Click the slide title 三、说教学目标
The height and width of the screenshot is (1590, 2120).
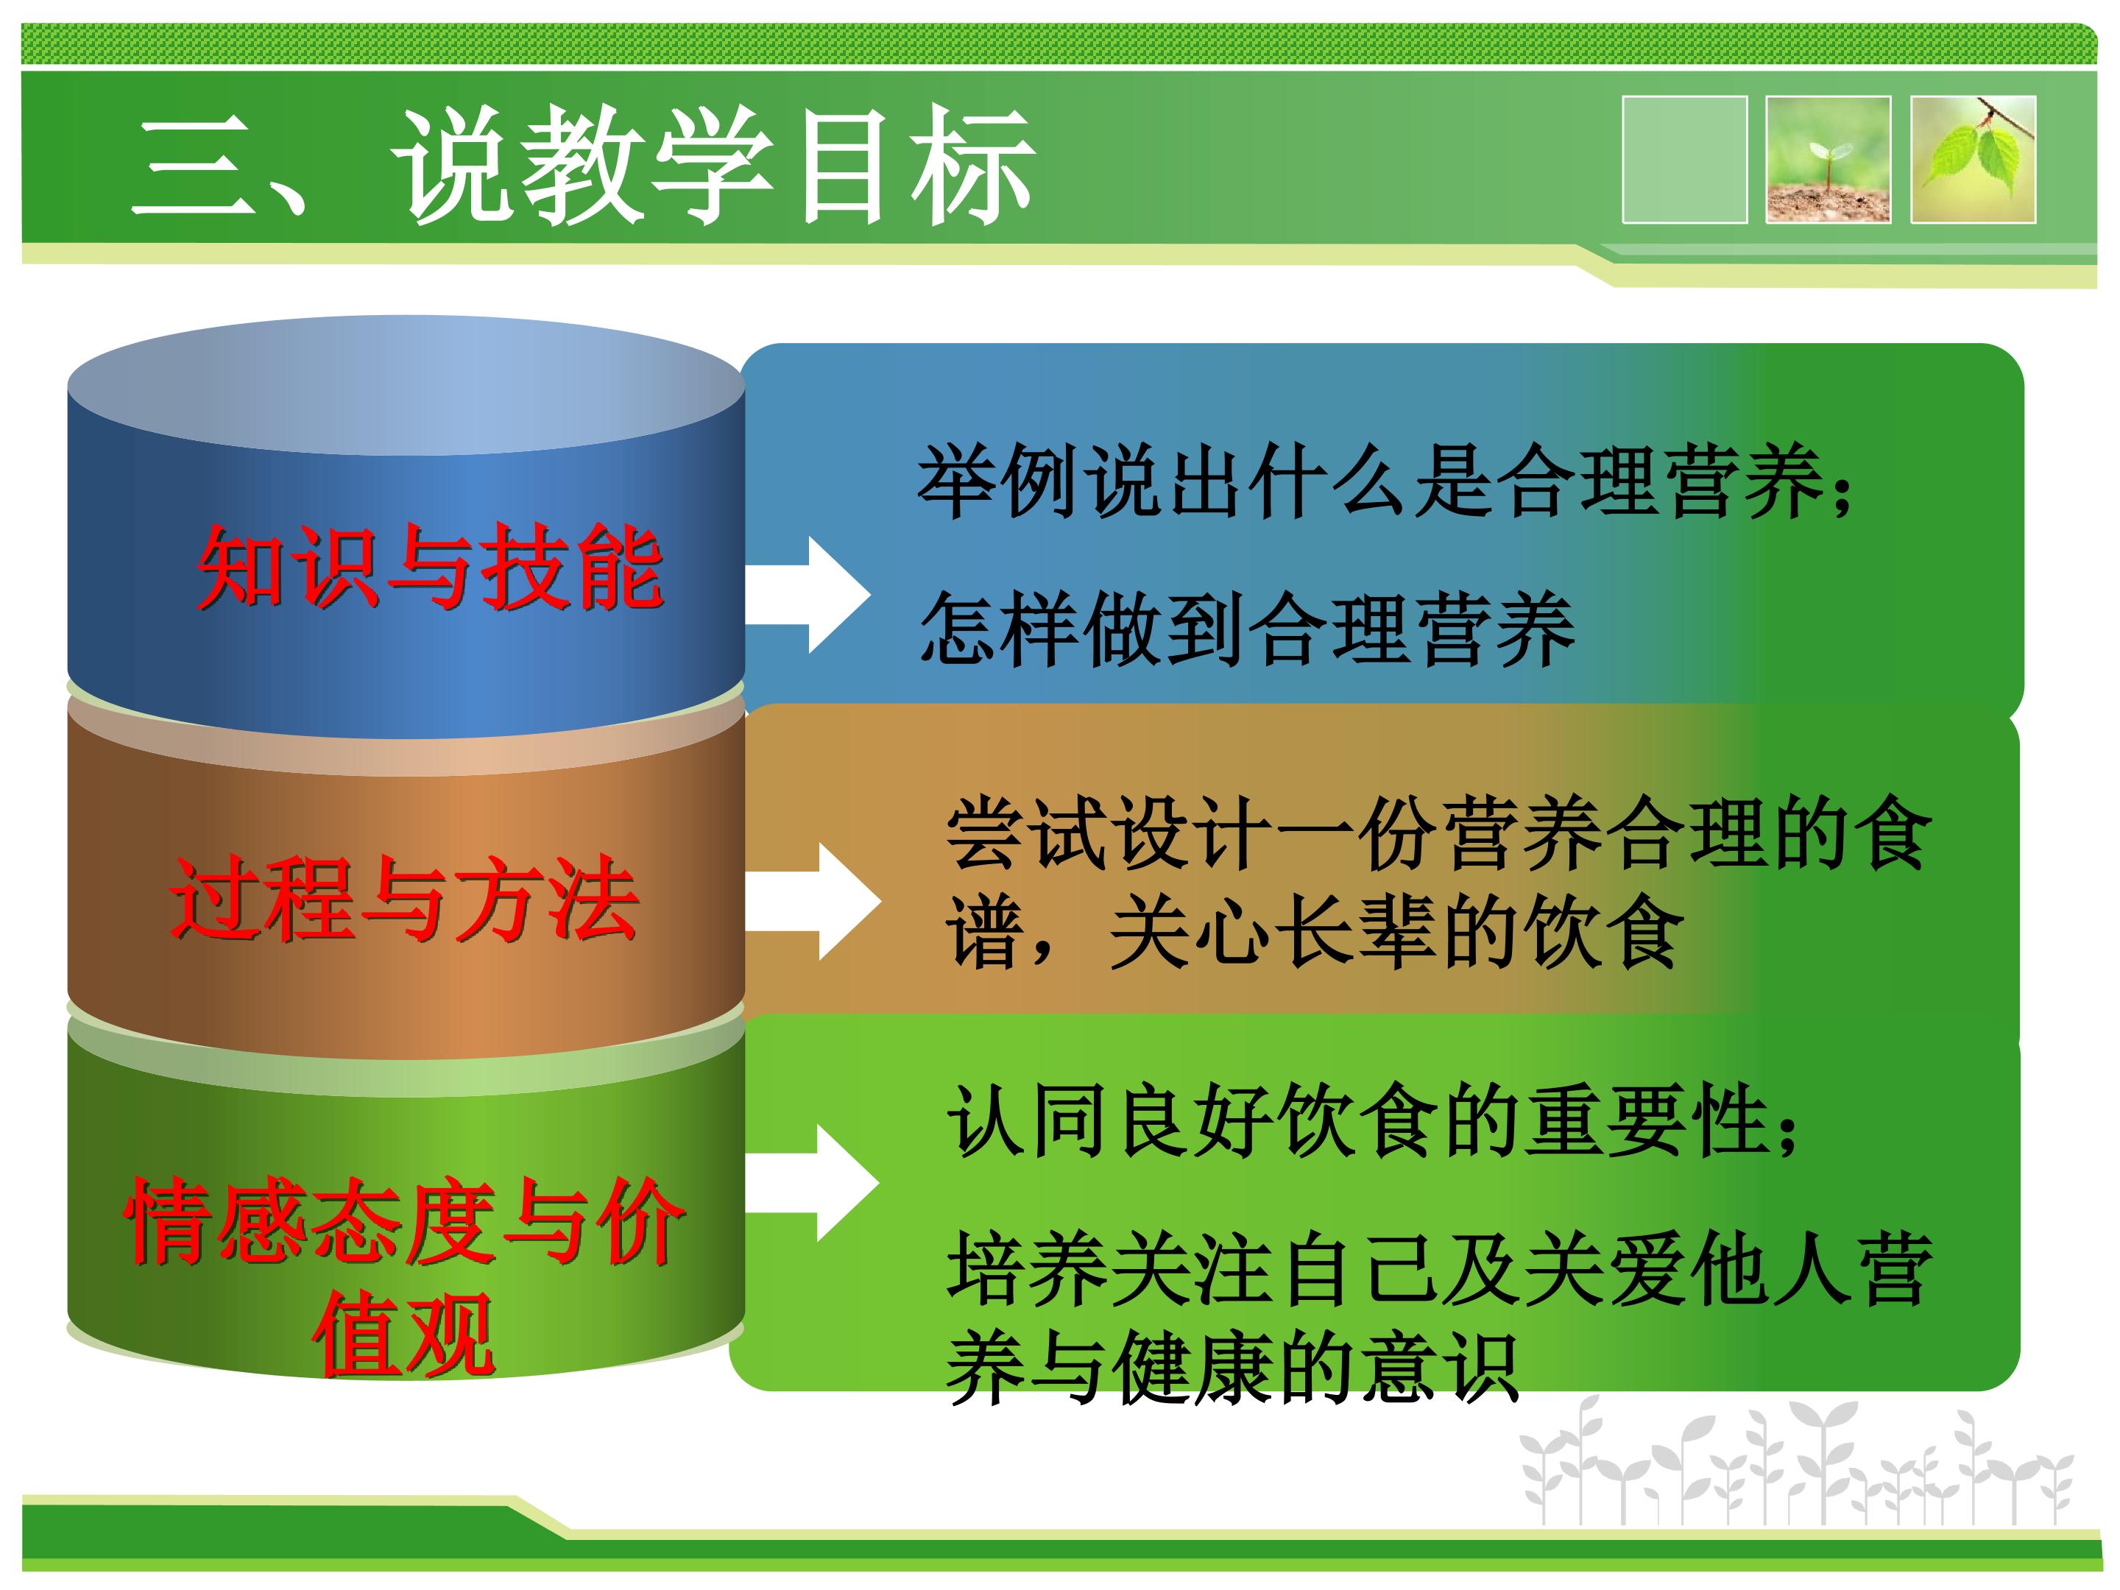[583, 165]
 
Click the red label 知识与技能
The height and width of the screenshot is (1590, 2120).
[431, 568]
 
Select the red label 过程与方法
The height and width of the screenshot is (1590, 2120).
[404, 898]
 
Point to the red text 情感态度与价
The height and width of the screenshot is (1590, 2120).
[404, 1222]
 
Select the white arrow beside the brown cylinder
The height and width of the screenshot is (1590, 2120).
[813, 901]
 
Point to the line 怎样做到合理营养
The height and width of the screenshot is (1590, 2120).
[1247, 628]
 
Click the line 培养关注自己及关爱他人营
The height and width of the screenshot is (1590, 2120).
[1438, 1269]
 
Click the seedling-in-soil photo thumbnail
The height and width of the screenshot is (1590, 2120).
[1828, 160]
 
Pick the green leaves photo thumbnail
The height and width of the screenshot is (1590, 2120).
[1972, 160]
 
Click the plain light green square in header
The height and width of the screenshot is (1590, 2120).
[1684, 160]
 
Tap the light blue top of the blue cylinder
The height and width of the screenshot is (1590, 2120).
[406, 385]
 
